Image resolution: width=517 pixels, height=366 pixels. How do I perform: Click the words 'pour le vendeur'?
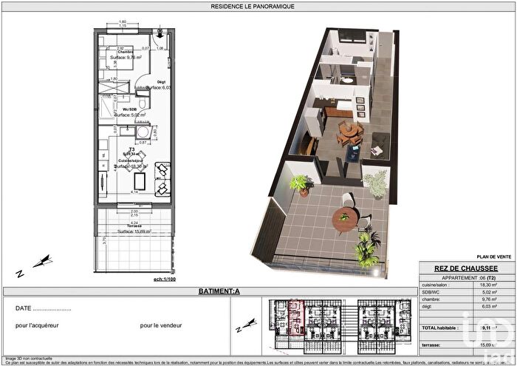pyautogui.click(x=162, y=325)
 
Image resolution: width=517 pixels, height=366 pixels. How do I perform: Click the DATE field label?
pyautogui.click(x=24, y=308)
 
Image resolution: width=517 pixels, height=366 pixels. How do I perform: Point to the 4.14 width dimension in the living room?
pyautogui.click(x=135, y=192)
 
